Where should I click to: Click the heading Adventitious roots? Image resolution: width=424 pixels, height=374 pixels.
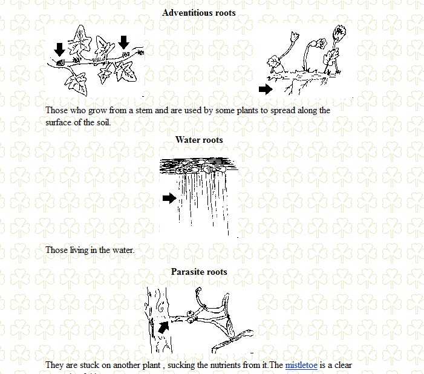[199, 12]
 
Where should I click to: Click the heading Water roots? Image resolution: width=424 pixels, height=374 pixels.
[199, 140]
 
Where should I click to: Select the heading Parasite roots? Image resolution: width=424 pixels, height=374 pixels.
[199, 272]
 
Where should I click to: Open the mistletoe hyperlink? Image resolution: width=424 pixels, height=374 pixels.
[301, 366]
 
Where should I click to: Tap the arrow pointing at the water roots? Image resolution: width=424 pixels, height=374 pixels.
[169, 198]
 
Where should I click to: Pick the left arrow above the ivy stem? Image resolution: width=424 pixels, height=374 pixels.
[59, 49]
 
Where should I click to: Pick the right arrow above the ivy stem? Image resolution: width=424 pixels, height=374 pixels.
[124, 42]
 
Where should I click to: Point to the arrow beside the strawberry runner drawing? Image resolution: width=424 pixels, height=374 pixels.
[266, 90]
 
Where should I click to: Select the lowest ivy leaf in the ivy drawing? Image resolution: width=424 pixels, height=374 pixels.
[77, 82]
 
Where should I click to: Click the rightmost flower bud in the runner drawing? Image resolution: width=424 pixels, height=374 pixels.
[340, 31]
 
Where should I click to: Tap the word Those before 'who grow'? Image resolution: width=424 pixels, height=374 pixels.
[57, 111]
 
